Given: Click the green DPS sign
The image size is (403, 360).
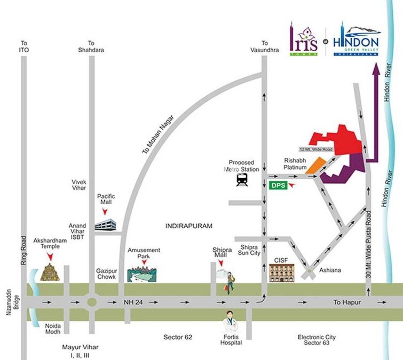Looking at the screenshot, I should [279, 186].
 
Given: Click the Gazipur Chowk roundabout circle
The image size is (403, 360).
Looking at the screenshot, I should [91, 302].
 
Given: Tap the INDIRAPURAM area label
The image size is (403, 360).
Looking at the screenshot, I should [189, 227].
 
